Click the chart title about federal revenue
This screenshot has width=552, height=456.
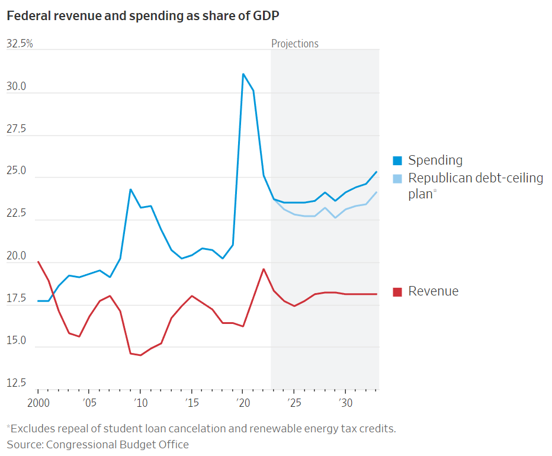143,16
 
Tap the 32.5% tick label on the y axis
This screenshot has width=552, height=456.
20,44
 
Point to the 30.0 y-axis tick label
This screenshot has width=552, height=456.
17,87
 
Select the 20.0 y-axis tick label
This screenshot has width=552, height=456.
17,256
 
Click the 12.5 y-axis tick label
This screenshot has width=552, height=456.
17,383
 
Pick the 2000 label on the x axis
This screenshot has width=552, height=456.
38,403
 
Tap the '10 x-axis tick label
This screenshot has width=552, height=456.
140,403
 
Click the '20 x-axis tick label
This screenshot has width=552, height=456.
242,403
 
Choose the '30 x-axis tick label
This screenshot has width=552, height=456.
345,403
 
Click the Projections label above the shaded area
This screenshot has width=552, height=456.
294,44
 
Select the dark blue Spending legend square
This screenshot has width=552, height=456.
398,160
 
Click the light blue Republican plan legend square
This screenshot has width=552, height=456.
398,178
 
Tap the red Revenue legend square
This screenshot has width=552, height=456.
398,291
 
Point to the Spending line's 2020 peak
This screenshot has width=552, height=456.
243,74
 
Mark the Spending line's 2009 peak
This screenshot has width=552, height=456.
130,190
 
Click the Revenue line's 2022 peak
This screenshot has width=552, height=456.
264,269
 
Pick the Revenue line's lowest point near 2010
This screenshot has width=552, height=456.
140,355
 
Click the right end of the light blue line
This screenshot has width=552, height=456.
377,192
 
